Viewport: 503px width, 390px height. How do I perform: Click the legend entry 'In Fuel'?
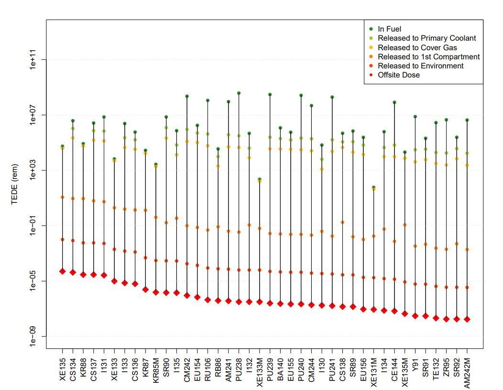(x=389, y=29)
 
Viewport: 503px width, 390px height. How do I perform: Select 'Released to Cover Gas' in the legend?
(x=417, y=47)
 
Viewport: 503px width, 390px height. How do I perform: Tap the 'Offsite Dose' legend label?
(x=399, y=75)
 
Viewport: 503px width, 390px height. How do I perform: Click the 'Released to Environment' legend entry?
(x=421, y=66)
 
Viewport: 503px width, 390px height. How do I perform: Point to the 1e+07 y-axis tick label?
(x=33, y=115)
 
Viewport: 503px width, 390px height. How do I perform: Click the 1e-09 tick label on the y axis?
(x=33, y=336)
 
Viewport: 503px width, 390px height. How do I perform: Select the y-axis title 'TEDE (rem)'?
(x=14, y=184)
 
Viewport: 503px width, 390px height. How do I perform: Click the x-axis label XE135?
(x=63, y=369)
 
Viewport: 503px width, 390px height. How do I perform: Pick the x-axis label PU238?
(x=239, y=369)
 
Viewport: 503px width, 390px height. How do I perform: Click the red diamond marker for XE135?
(x=63, y=271)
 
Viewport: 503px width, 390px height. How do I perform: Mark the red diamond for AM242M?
(x=467, y=319)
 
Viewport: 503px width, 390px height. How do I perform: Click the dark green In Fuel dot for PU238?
(x=239, y=93)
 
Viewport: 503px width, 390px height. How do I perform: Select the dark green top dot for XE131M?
(x=374, y=187)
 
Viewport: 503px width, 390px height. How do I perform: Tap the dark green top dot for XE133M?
(x=260, y=179)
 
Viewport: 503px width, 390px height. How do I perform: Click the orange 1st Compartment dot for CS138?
(x=343, y=223)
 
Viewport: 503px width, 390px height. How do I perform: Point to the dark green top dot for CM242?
(x=187, y=96)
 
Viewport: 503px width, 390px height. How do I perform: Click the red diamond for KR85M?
(x=156, y=292)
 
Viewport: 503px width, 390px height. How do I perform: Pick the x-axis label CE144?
(x=394, y=369)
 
